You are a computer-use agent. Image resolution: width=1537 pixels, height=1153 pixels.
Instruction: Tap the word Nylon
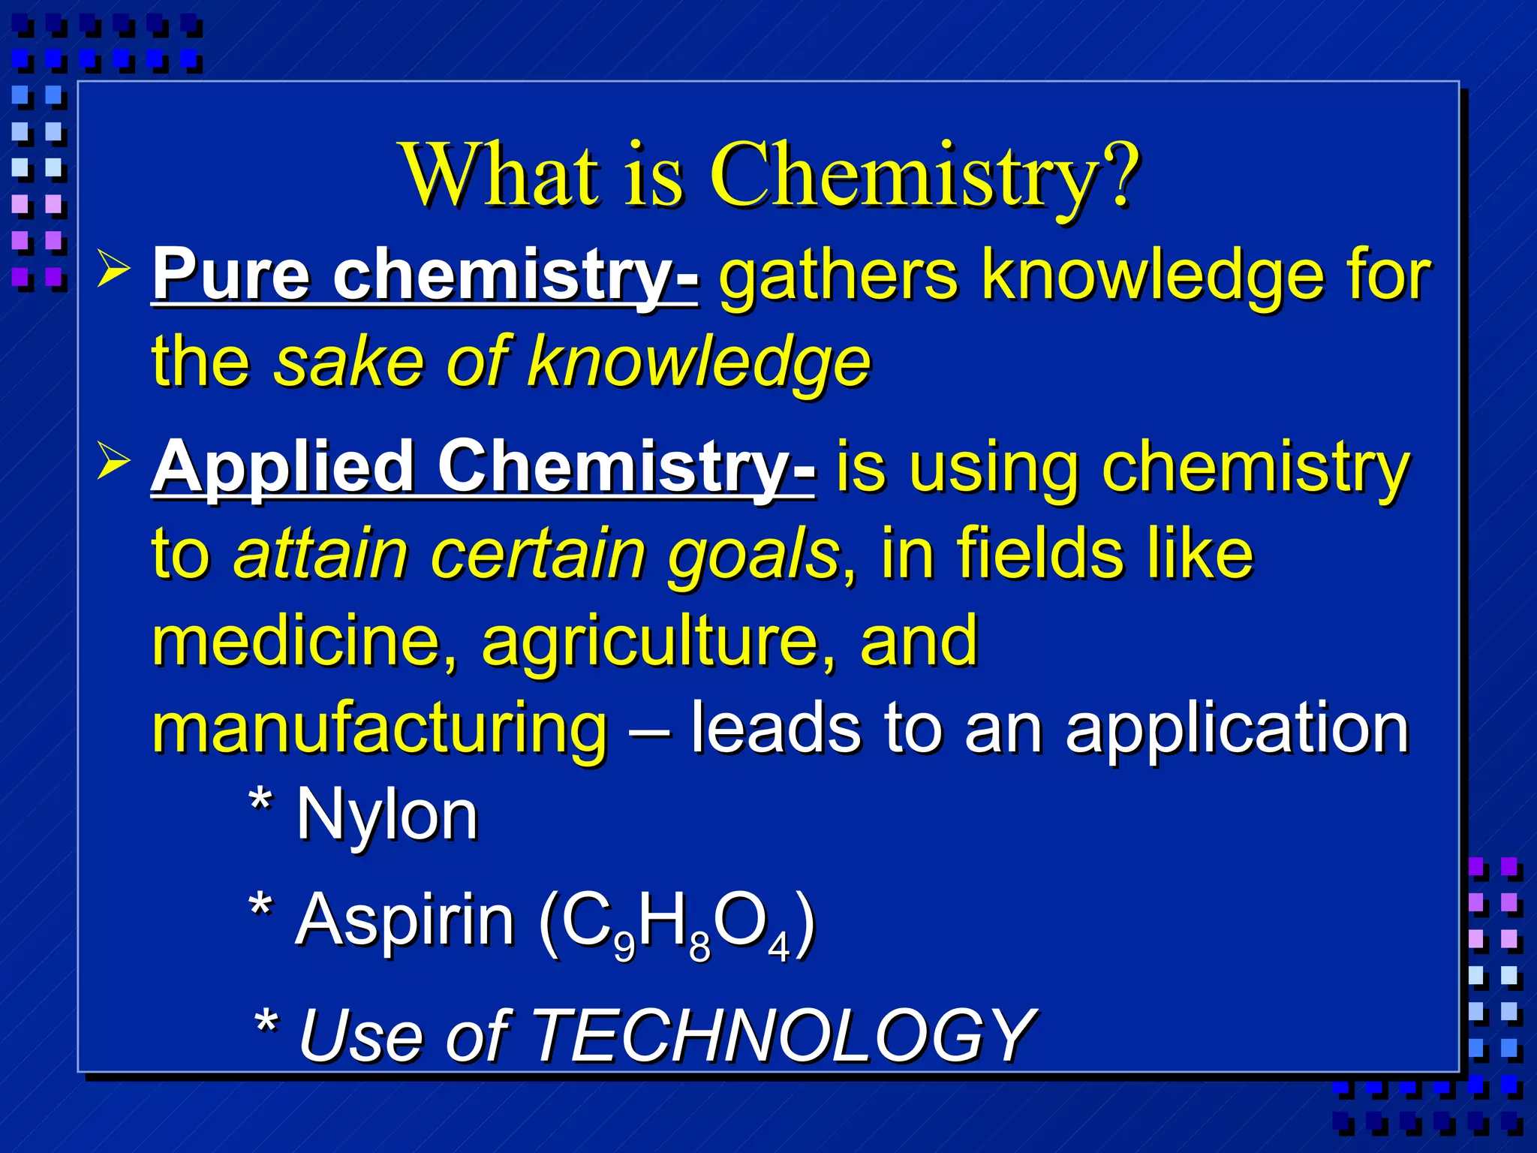click(387, 815)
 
